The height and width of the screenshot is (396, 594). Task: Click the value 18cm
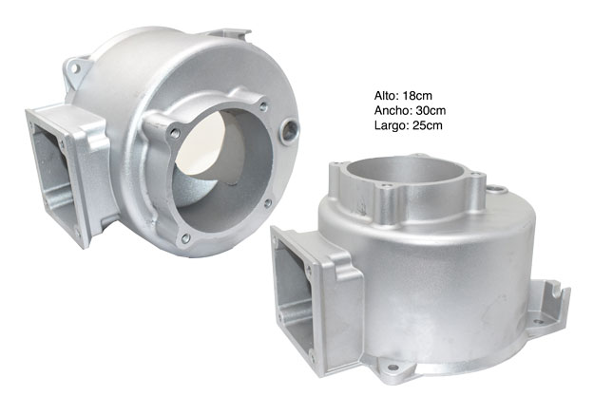click(417, 95)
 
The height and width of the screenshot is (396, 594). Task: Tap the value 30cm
click(431, 110)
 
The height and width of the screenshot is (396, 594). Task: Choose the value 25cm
click(428, 125)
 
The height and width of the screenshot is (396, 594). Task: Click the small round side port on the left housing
click(290, 130)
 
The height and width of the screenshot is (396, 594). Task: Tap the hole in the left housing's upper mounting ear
click(75, 68)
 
